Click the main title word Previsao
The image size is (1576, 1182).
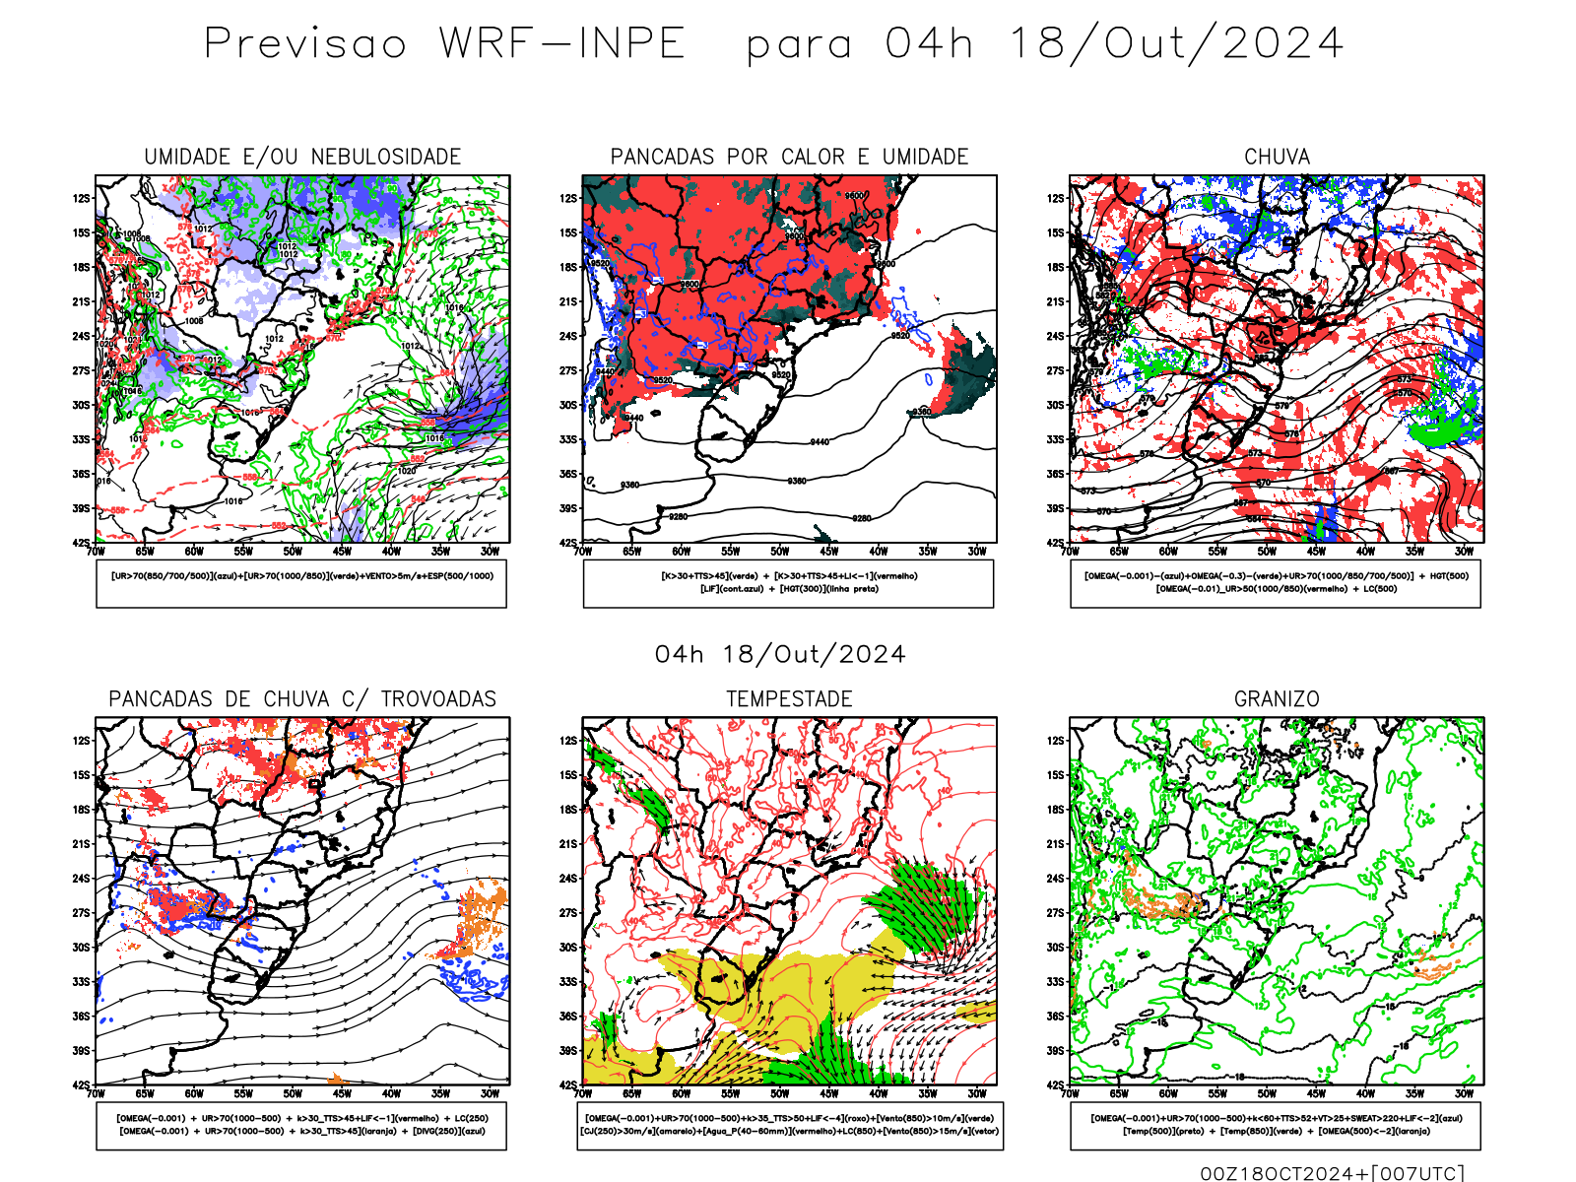[x=305, y=44]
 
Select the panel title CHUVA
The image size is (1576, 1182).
[x=1277, y=157]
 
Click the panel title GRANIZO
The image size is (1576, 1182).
[x=1277, y=699]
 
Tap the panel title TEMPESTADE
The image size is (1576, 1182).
[x=789, y=699]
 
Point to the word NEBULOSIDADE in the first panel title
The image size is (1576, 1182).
[x=386, y=157]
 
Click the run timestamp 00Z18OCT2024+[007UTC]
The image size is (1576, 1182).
[x=1332, y=1172]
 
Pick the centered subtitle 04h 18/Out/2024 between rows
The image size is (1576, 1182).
[x=780, y=654]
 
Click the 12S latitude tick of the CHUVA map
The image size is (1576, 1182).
[x=1056, y=198]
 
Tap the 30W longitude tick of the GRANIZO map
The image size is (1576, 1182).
[x=1465, y=1093]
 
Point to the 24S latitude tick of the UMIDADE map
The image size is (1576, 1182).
[x=81, y=336]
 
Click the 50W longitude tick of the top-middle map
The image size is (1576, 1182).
[x=780, y=552]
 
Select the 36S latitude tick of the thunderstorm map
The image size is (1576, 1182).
[x=81, y=1016]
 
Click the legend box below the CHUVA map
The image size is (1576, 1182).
[x=1276, y=583]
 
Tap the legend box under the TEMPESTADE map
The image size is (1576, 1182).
[x=789, y=1125]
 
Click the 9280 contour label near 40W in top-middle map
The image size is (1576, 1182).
[x=862, y=518]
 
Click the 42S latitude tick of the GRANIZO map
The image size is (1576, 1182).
[x=1056, y=1084]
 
